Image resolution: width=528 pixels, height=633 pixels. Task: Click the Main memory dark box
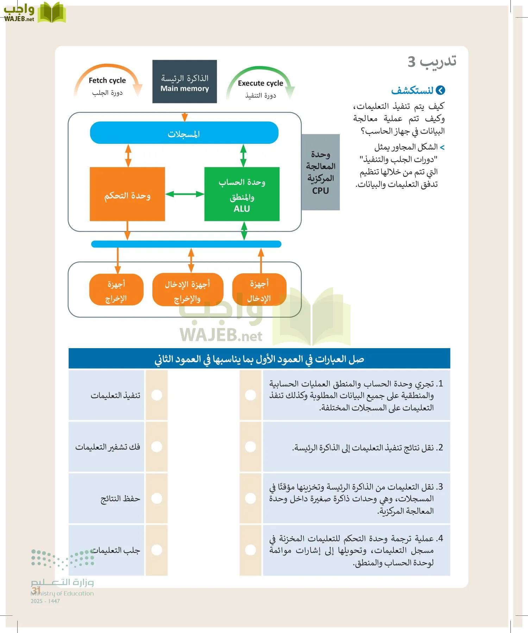pos(184,82)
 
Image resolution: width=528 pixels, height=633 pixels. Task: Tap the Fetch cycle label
pos(107,81)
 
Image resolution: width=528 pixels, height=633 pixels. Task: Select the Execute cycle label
pos(260,83)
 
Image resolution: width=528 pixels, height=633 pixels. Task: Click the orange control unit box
pos(127,194)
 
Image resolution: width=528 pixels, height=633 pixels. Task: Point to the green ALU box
pos(242,194)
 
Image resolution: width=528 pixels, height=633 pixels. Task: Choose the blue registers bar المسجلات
pos(184,133)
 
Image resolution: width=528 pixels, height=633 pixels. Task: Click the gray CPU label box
pos(320,172)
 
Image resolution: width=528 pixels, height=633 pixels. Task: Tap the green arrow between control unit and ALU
pos(184,194)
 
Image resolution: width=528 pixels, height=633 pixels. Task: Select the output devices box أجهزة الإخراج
pos(116,290)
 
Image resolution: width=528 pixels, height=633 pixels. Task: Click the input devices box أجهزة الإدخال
pos(259,290)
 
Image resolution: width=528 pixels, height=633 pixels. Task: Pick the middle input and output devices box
pos(188,290)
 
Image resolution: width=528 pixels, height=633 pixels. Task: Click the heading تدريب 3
pos(432,62)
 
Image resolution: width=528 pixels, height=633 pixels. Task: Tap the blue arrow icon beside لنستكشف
pos(440,91)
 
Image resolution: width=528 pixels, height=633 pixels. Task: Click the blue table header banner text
pos(259,359)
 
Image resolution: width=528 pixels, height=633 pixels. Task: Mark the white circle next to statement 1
pos(250,395)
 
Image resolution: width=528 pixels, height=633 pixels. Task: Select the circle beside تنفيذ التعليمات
pos(157,395)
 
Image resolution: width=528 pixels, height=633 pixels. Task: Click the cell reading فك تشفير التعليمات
pos(107,447)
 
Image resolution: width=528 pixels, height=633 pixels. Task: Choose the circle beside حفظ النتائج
pos(157,498)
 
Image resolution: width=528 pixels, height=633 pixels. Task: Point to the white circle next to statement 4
pos(250,550)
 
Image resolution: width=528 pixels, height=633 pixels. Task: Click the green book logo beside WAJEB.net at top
pos(51,13)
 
